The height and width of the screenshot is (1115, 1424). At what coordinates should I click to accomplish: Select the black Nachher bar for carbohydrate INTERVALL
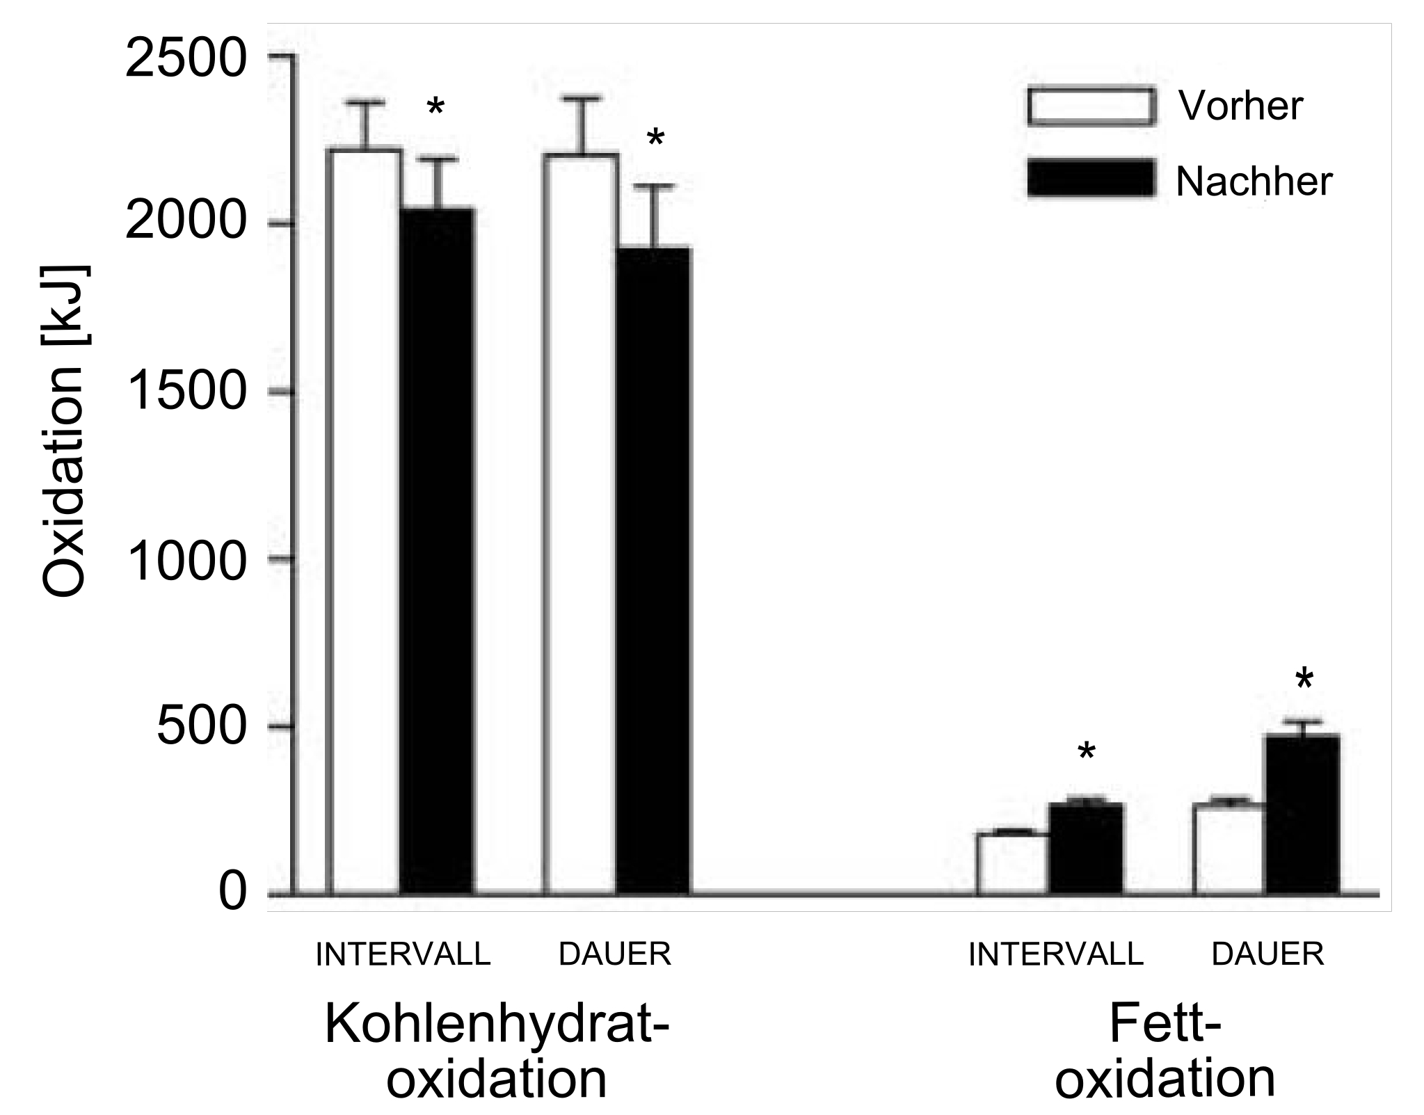click(438, 550)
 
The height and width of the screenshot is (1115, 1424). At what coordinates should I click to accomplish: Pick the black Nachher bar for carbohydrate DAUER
click(654, 570)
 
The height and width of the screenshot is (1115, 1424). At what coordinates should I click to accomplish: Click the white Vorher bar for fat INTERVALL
click(1014, 863)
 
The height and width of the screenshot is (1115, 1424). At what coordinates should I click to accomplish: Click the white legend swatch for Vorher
click(1091, 106)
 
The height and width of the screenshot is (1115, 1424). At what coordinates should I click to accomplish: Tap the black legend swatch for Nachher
click(1091, 178)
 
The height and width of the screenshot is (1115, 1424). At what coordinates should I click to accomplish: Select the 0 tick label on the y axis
click(233, 893)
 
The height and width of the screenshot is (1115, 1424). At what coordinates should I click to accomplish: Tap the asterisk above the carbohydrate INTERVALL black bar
click(435, 109)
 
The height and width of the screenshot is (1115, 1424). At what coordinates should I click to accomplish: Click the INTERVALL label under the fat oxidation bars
click(1056, 954)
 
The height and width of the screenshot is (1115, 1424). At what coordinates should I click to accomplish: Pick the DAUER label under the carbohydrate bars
click(615, 954)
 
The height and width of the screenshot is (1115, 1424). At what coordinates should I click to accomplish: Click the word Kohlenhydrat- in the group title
click(497, 1025)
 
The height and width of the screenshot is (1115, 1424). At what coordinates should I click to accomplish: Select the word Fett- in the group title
click(1165, 1025)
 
